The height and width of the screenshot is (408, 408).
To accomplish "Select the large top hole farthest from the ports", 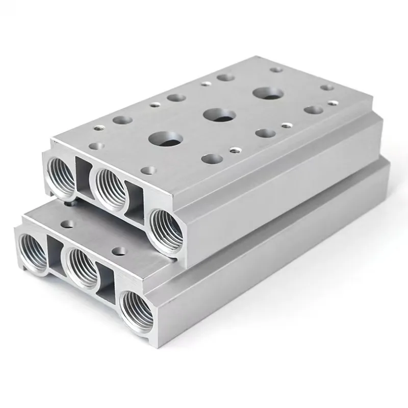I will click(x=268, y=94).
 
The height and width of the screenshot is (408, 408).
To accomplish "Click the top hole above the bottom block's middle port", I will click(x=119, y=251).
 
